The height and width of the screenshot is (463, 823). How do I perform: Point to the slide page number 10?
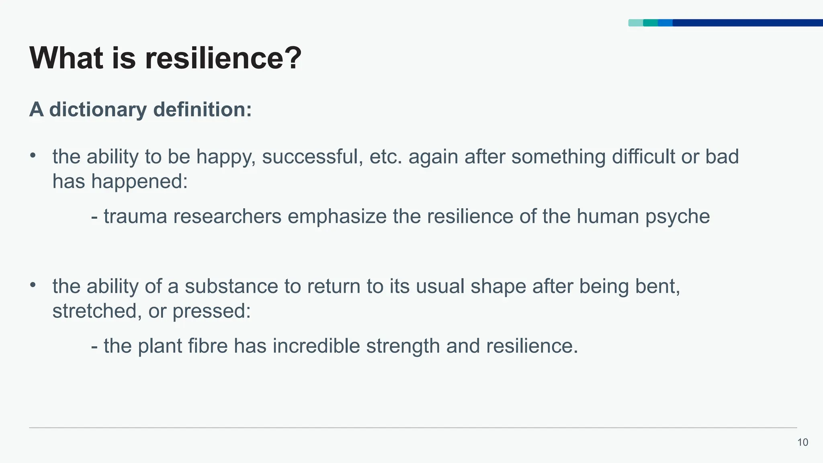click(803, 443)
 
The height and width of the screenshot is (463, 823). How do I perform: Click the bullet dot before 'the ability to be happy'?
click(33, 155)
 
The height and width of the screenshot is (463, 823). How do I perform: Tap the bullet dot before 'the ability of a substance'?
click(33, 285)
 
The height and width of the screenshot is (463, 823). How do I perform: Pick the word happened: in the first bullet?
click(139, 182)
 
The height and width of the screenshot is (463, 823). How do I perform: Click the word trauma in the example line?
click(135, 217)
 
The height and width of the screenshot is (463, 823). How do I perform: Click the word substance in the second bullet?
click(231, 287)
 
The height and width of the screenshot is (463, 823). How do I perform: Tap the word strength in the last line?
click(403, 347)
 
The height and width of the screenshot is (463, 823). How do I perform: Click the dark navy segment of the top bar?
click(747, 23)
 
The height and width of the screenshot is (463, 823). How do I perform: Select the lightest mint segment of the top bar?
click(636, 23)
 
